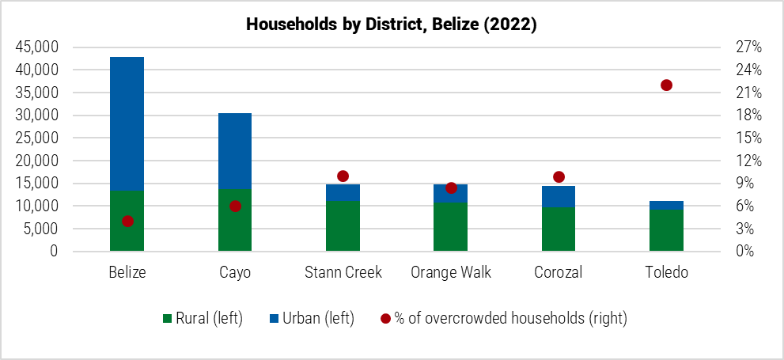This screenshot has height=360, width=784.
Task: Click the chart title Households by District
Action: pos(392,25)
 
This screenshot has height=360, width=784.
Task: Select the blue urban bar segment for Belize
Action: pos(127,123)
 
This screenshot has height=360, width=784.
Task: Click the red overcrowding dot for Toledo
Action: pos(666,85)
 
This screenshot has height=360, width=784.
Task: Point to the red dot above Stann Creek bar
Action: pos(343,176)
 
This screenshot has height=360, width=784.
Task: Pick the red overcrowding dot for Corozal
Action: pos(559,177)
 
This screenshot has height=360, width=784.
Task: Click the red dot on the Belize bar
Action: pos(127,222)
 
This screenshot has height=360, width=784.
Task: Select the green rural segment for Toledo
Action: pos(666,230)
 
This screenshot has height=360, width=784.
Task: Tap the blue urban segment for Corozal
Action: pos(559,196)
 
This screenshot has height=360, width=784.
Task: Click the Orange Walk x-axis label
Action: pos(451,273)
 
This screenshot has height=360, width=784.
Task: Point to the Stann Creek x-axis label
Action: pos(343,273)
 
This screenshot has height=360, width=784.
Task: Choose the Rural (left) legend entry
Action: pos(202,319)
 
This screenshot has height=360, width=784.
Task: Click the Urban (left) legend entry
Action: pos(311,319)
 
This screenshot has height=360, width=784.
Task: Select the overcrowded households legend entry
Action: pos(503,319)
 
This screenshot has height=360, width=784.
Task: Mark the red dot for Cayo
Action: pos(235,206)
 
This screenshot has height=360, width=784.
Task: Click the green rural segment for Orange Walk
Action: pos(451,227)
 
